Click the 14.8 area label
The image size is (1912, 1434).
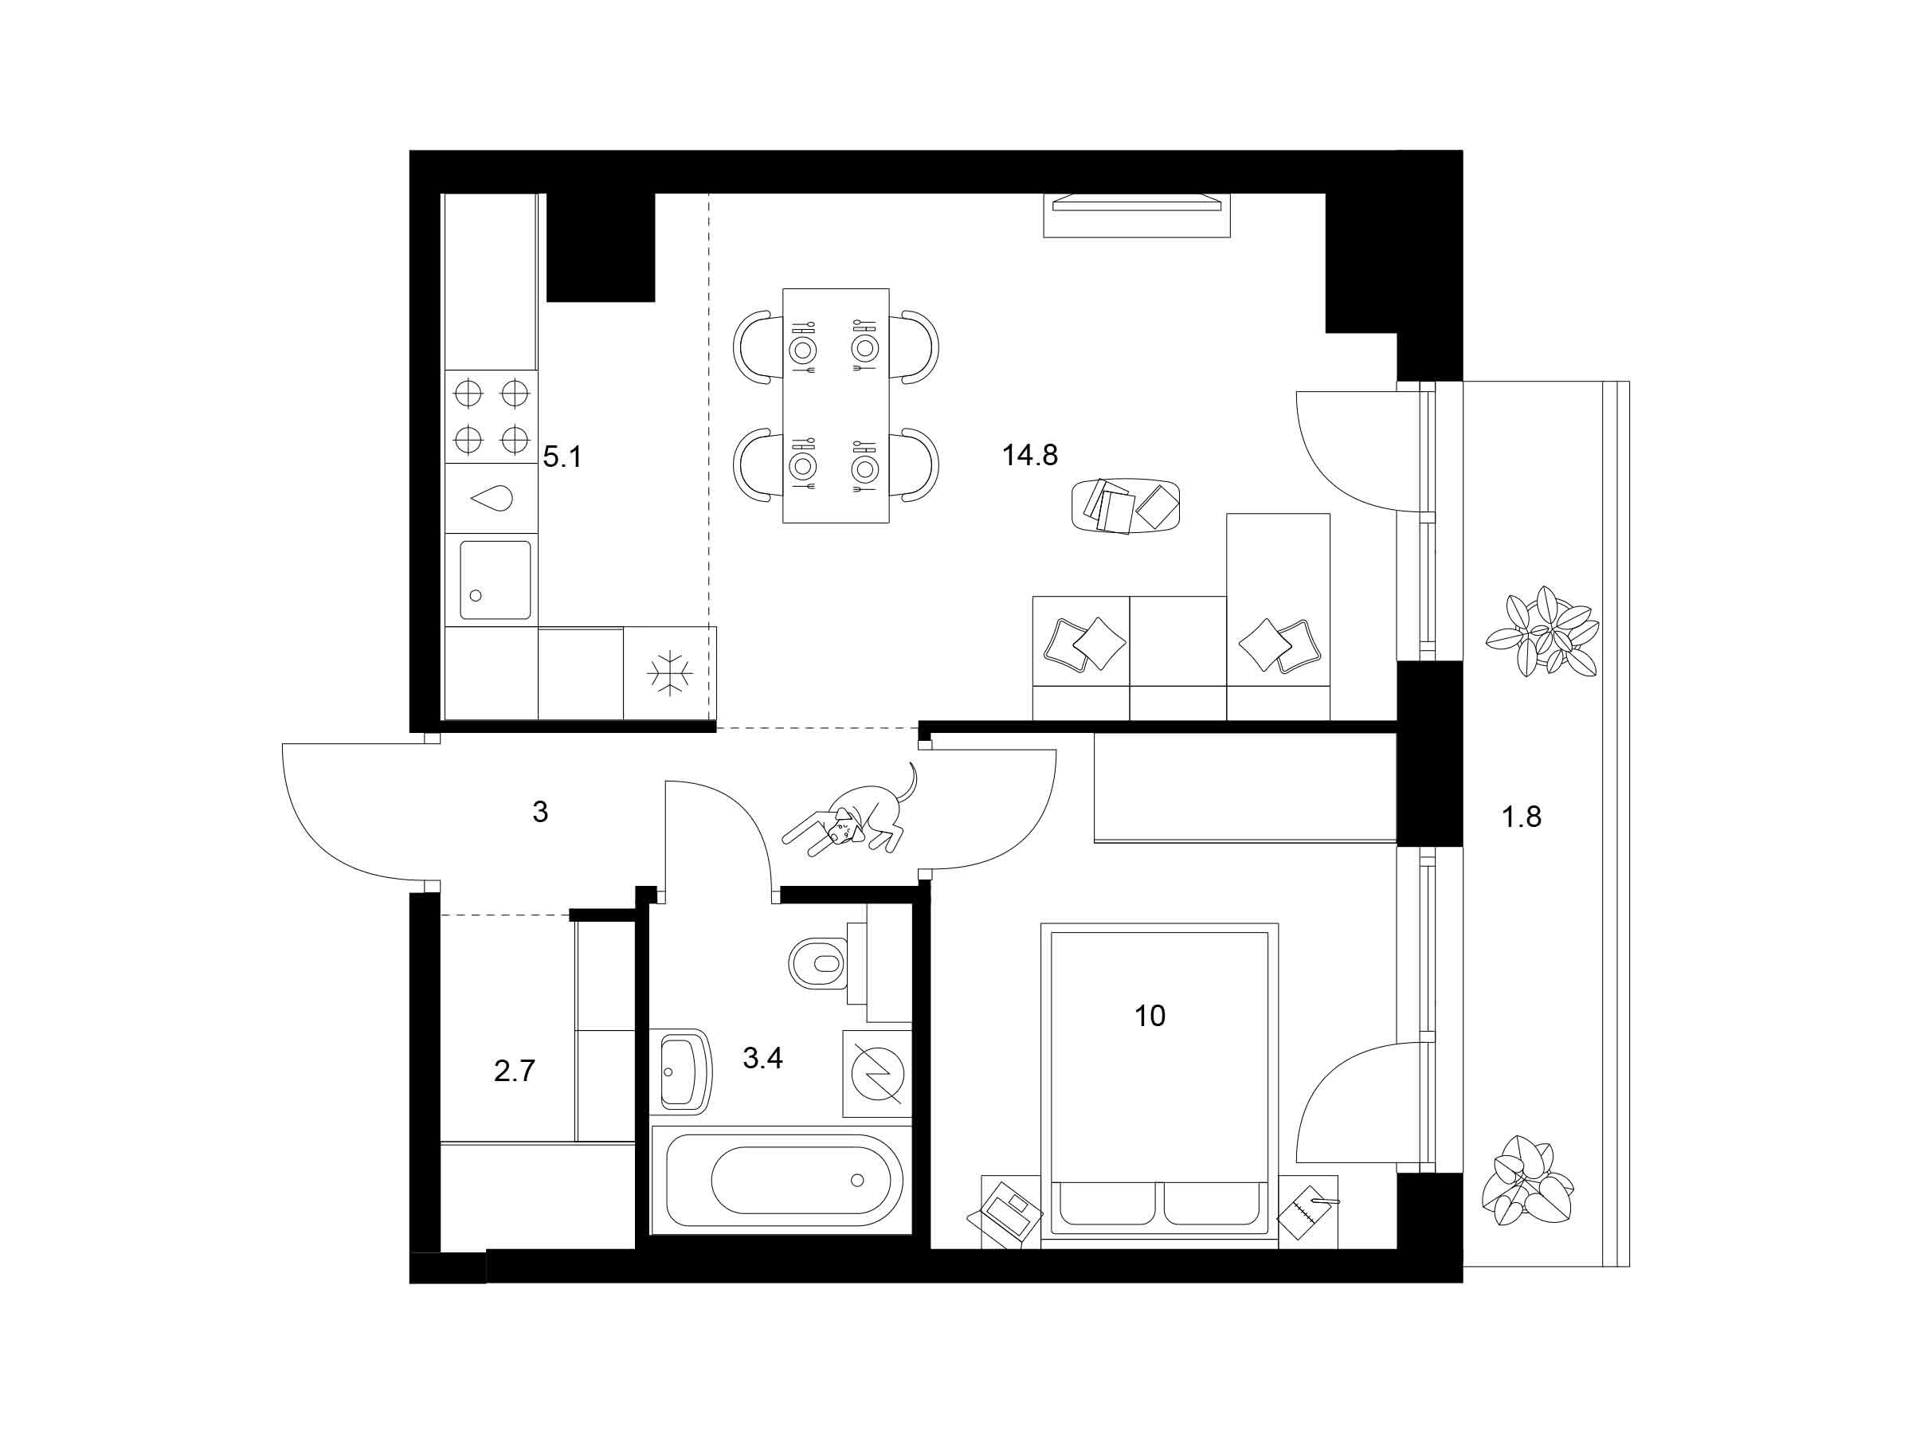click(1029, 455)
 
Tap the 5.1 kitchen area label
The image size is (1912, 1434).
click(562, 456)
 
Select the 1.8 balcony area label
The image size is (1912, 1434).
click(1522, 817)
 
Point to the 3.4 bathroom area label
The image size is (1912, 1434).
click(762, 1057)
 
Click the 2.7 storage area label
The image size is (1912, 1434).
click(515, 1072)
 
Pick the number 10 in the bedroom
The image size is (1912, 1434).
click(1150, 1016)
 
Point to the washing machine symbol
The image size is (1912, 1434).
click(876, 1075)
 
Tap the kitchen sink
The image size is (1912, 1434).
click(496, 580)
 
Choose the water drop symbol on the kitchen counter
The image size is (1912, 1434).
click(491, 498)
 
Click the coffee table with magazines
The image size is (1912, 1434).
click(1126, 506)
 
